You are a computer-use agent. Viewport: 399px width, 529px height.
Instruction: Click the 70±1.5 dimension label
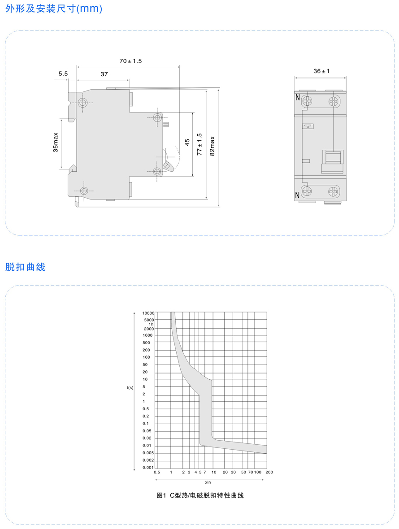coord(130,61)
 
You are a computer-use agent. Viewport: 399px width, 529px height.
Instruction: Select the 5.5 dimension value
coord(63,74)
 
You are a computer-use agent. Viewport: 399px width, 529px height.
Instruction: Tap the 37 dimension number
coord(104,74)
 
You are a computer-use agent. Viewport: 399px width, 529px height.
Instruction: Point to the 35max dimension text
coord(56,142)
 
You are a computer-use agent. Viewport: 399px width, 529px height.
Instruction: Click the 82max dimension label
coord(212,146)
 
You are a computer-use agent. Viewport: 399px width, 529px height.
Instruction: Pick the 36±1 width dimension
coord(321,71)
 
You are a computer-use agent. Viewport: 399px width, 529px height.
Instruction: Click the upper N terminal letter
coord(298,97)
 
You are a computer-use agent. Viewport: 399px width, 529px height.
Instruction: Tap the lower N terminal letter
coord(297,195)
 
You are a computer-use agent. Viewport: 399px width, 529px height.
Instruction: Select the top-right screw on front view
coord(333,101)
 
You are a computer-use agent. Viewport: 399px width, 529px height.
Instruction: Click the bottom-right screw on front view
coord(333,191)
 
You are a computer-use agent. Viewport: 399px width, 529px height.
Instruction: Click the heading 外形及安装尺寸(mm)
coord(54,9)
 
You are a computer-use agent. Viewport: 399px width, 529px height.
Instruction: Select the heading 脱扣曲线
coord(25,267)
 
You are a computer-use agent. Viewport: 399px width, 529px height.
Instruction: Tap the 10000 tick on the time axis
coord(148,313)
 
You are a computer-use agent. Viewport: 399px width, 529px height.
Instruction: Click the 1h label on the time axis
coord(151,324)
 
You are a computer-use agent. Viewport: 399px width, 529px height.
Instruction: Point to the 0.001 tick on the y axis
coord(148,468)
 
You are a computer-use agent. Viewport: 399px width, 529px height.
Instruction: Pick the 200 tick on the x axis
coord(269,473)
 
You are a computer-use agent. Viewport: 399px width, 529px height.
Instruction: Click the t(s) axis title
coord(130,388)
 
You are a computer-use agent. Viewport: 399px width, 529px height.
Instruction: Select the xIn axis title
coord(208,482)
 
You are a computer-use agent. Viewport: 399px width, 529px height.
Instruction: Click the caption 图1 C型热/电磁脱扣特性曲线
coord(200,495)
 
